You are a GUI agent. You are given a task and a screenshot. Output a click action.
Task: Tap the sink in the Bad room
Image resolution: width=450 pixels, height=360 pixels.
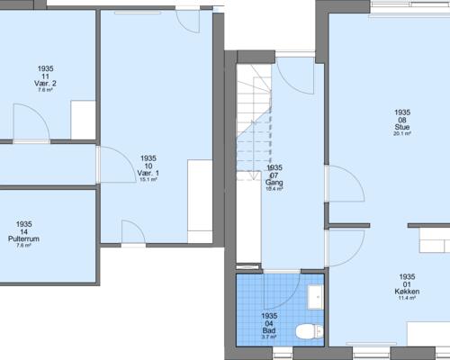point(314,297)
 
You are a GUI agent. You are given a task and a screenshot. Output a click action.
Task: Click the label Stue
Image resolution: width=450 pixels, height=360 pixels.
point(401,127)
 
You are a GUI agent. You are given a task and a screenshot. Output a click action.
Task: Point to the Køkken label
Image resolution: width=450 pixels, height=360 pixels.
point(407,292)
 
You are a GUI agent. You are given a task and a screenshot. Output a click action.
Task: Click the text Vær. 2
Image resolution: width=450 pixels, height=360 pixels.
point(47,84)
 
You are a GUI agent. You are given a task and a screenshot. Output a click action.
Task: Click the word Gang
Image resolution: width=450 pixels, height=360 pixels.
point(274,183)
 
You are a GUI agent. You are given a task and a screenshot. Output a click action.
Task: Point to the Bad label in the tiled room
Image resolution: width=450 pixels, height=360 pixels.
point(268,329)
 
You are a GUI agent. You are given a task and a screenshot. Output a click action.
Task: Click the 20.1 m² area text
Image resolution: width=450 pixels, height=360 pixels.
point(401,134)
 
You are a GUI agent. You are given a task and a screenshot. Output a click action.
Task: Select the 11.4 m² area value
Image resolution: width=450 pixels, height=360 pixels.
point(407,298)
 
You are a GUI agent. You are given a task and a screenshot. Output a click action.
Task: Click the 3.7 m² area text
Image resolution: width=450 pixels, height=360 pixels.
point(268,337)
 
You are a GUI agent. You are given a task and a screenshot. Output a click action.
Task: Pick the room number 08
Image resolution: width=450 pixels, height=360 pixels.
point(401,120)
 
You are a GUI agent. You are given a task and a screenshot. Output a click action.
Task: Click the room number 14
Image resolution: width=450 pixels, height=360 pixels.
point(24,231)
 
